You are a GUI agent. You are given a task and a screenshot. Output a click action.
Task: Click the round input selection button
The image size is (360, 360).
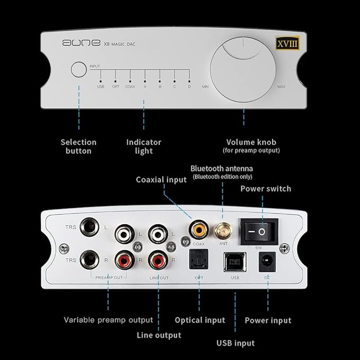coord(78,71)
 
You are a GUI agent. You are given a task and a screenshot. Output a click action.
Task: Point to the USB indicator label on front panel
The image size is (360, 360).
coord(100,86)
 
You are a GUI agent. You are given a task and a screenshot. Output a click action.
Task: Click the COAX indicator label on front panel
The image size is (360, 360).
coord(130,86)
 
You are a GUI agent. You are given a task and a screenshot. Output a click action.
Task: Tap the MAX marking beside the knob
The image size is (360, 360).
coord(282,86)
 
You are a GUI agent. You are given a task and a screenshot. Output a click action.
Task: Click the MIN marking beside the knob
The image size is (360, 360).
coord(205,86)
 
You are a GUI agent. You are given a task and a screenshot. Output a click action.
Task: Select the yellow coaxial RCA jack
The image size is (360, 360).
coord(199,230)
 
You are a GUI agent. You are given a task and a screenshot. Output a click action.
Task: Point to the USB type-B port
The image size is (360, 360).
coord(234,262)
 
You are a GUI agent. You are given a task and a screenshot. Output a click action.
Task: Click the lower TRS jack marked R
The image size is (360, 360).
coord(87,260)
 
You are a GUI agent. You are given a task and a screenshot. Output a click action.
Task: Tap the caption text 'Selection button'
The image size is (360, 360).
coord(78,146)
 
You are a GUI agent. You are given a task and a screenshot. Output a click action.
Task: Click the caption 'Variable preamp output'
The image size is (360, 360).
coord(108,320)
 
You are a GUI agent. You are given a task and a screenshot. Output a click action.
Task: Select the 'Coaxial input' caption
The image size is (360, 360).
coord(161,180)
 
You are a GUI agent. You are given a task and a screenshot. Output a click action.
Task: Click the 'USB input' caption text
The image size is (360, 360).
coord(235,343)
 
